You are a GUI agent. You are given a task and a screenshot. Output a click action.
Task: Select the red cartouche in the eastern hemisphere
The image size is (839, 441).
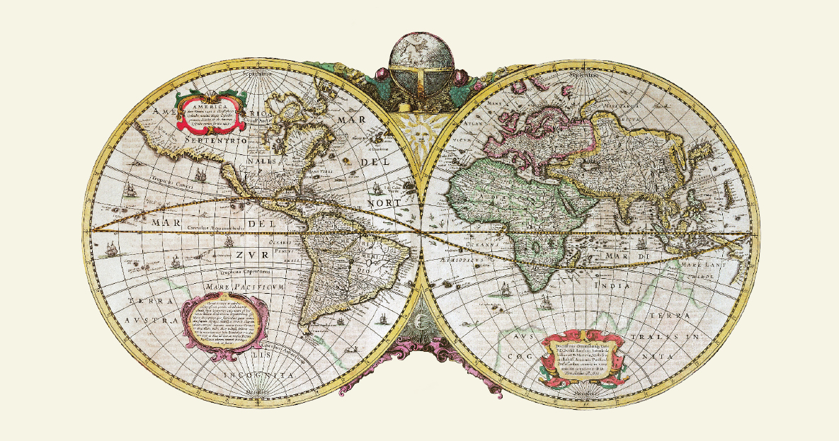pos(582,356)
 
